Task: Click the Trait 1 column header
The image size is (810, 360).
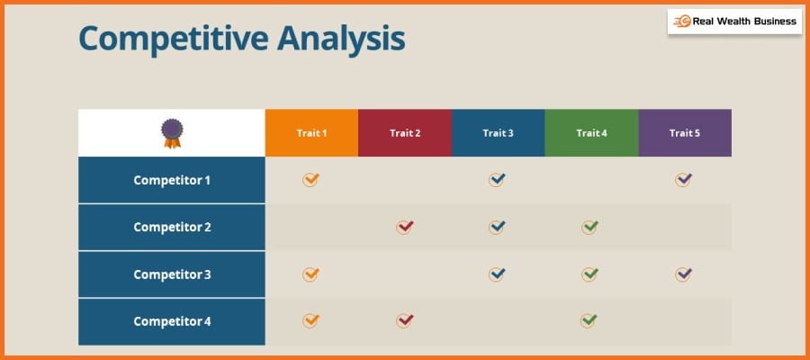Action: [311, 132]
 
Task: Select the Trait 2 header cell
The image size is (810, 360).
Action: [405, 132]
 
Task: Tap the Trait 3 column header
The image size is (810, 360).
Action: [498, 132]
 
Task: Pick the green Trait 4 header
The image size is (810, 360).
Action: [591, 132]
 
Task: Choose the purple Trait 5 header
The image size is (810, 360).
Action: [685, 132]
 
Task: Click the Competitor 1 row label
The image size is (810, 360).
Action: [172, 180]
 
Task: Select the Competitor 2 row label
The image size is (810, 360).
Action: [172, 228]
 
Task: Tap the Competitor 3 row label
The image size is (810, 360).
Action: [172, 274]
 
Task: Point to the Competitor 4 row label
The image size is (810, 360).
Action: [172, 321]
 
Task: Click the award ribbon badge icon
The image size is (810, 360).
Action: [172, 133]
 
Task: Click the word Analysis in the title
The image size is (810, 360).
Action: [341, 40]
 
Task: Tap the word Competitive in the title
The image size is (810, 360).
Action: [174, 40]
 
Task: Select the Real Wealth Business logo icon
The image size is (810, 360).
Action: [682, 22]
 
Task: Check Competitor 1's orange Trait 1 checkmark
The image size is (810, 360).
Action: [310, 180]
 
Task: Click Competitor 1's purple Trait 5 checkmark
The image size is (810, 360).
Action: [683, 180]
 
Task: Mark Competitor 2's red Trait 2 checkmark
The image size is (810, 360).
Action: [404, 227]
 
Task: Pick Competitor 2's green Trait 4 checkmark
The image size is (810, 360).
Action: [589, 227]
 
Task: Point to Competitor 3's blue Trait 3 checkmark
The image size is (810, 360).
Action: [497, 274]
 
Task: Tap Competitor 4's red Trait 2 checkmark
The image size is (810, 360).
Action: [404, 320]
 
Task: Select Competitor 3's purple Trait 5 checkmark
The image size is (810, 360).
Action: [683, 274]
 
